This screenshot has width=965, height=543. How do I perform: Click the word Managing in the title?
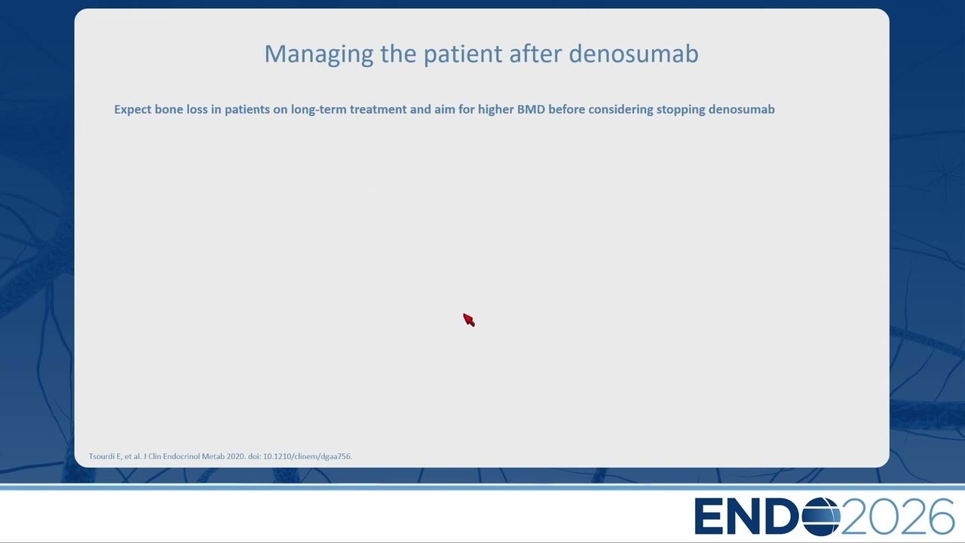(319, 55)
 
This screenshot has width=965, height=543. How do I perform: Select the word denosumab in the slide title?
(634, 54)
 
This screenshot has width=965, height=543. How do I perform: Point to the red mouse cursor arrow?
(469, 320)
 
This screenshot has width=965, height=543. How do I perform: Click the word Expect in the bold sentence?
(133, 110)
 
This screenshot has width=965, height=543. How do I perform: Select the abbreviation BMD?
(531, 109)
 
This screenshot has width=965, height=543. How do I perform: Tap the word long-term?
(318, 110)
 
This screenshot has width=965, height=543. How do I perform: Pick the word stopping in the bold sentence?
(681, 110)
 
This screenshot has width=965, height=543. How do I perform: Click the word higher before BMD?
(495, 110)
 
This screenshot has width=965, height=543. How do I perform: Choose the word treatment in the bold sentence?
(378, 109)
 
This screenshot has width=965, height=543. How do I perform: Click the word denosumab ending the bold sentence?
(741, 109)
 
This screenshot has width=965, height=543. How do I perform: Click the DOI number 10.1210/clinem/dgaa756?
(307, 456)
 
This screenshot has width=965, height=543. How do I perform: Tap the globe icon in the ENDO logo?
(821, 517)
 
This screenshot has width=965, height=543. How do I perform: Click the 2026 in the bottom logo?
(897, 517)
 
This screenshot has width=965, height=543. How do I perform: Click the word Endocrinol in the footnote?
(181, 456)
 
